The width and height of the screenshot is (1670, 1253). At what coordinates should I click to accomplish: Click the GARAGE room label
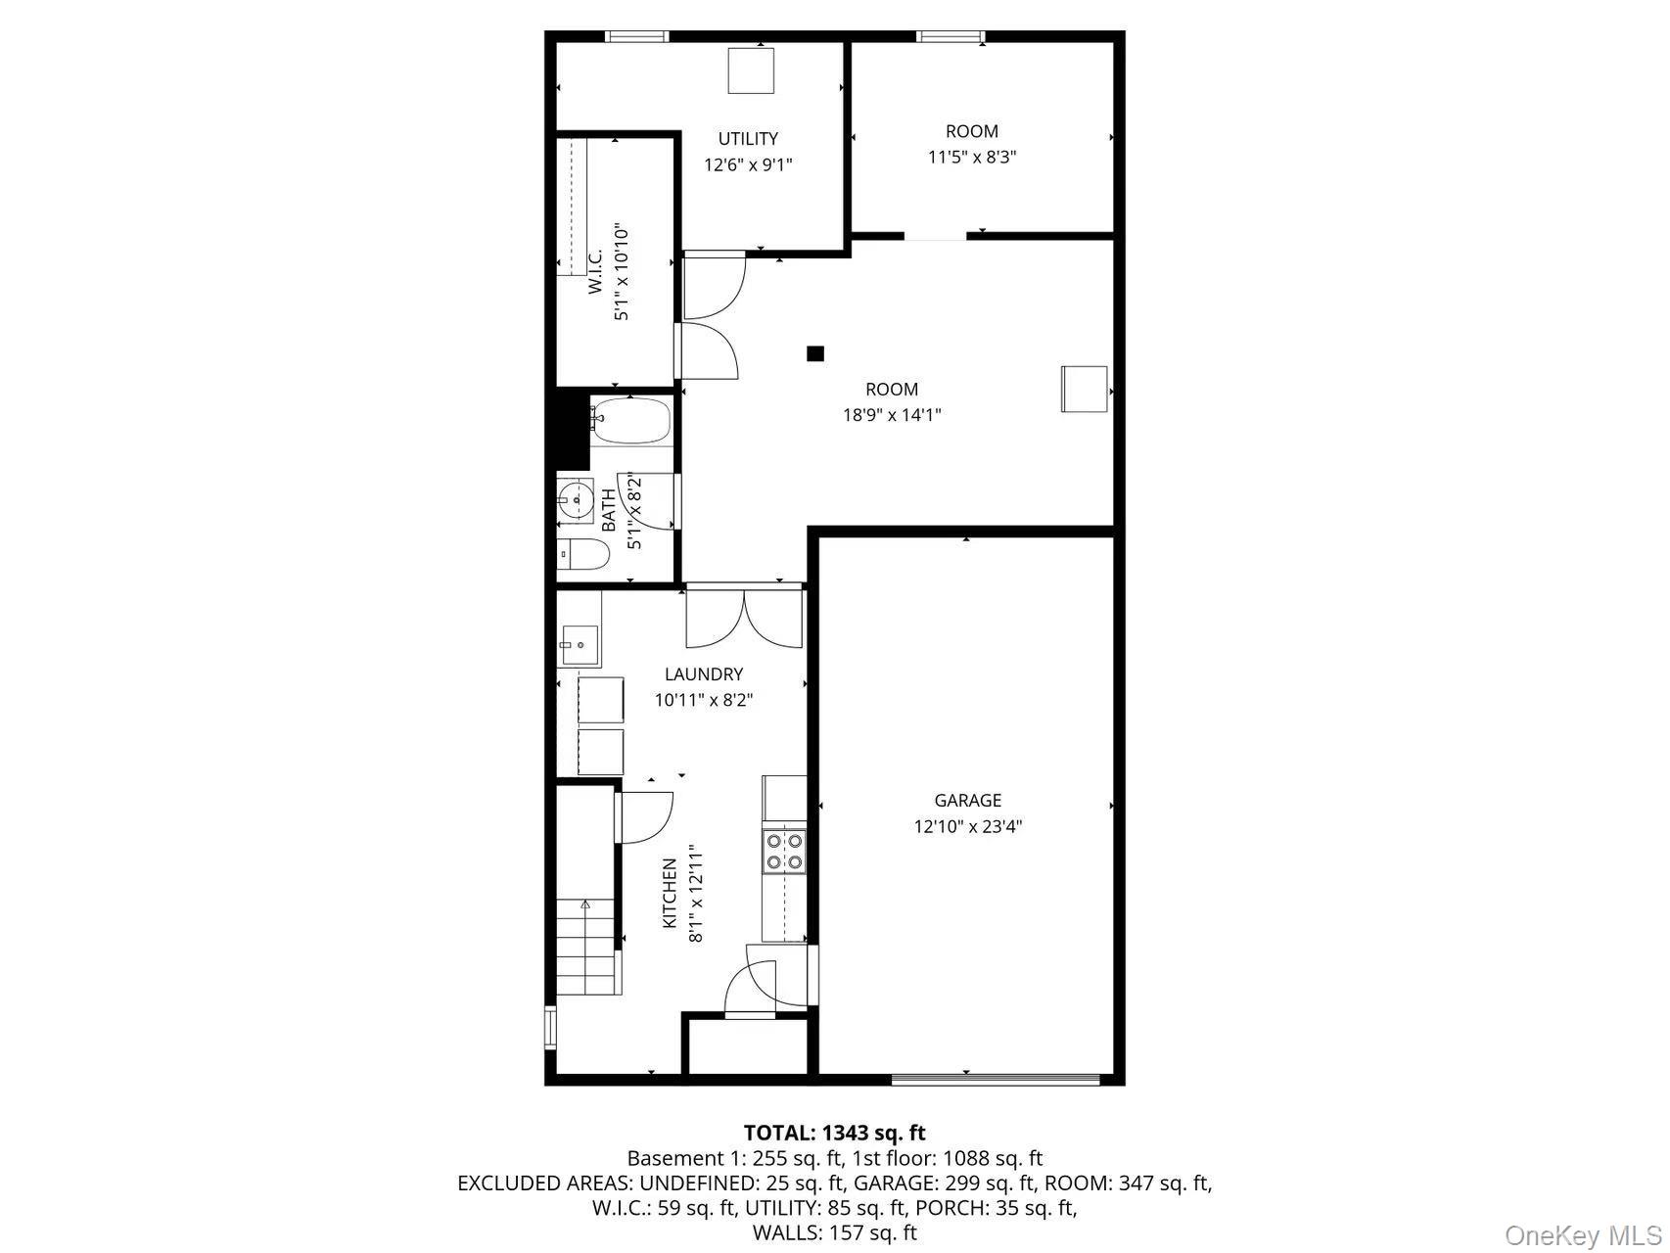(967, 800)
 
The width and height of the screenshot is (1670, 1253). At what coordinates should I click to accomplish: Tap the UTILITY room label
(748, 139)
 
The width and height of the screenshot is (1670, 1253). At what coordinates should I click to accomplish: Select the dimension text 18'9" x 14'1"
(892, 415)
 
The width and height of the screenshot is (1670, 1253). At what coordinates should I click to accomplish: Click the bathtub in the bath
(631, 421)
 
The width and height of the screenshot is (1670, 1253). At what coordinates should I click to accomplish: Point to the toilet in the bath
(583, 555)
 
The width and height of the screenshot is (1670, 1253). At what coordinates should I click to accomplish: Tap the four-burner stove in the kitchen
(784, 851)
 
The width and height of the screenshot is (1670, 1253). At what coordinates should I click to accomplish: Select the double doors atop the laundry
(744, 618)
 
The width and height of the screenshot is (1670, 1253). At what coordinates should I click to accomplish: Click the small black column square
(815, 354)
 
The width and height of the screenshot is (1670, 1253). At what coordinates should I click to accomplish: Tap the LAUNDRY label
(703, 674)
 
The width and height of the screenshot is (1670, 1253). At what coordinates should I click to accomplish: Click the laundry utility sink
(579, 643)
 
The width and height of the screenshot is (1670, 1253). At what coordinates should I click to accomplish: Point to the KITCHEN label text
(671, 893)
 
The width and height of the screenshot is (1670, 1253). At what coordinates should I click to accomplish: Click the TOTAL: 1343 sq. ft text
(834, 1134)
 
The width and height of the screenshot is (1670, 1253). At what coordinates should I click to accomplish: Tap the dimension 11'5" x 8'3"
(971, 157)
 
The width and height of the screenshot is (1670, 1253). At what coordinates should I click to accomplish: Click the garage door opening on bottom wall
(996, 1080)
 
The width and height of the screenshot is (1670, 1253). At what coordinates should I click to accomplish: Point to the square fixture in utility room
(751, 70)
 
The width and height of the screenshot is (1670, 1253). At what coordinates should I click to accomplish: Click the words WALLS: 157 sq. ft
(834, 1232)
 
